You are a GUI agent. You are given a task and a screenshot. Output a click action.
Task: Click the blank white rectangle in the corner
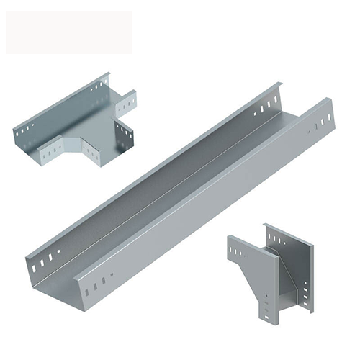coord(69,32)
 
